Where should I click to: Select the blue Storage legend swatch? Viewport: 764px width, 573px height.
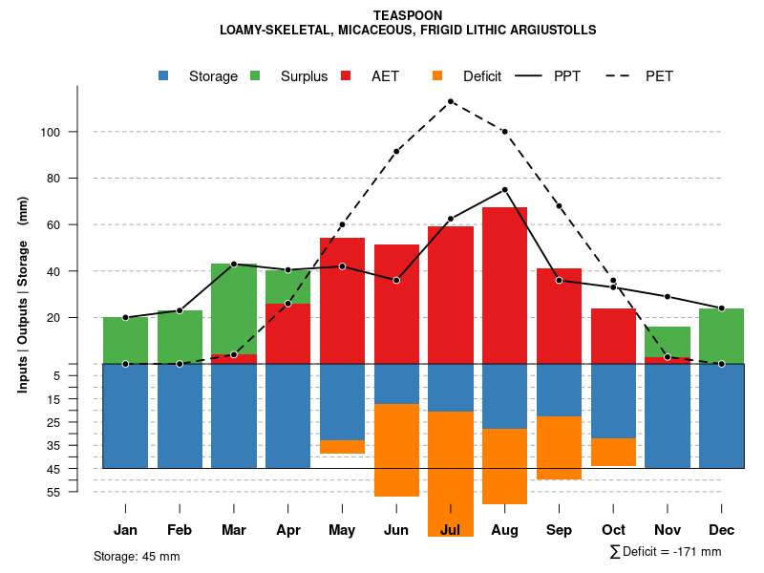164,75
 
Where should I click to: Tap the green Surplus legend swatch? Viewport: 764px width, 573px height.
255,75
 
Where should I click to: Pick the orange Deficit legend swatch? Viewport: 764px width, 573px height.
437,75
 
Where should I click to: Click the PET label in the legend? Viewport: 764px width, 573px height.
659,76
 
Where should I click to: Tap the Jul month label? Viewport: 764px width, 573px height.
451,530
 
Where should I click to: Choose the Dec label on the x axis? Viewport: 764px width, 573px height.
722,530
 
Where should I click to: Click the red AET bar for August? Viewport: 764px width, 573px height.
505,286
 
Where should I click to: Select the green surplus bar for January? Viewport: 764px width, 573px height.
125,340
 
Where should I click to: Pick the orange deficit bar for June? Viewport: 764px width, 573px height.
396,450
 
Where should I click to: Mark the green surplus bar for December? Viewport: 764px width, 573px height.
722,336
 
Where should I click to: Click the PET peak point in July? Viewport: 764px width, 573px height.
451,101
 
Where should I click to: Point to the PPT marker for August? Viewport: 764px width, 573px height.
505,190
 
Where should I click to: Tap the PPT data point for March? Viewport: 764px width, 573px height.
234,264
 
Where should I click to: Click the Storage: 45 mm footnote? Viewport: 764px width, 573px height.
137,556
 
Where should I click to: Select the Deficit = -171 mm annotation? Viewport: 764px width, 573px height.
666,552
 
